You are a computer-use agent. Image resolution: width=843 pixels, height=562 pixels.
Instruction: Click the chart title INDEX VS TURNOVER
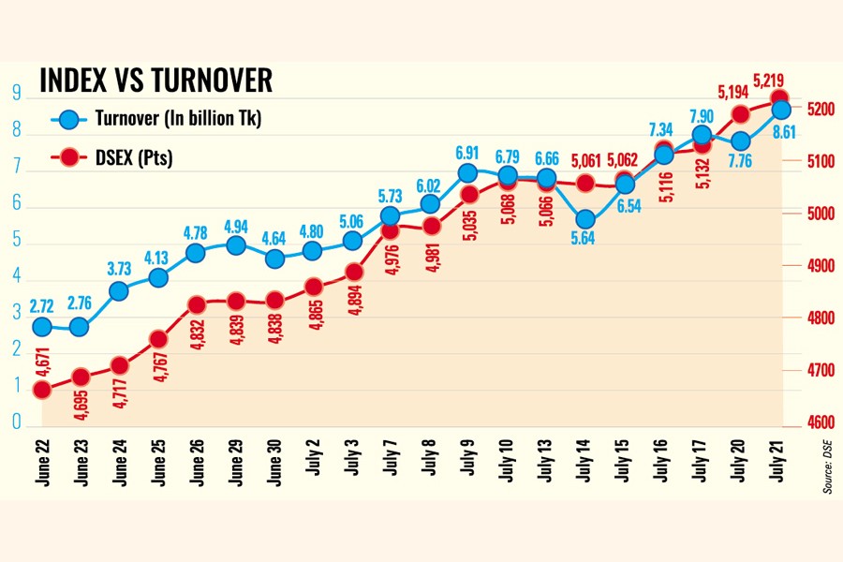(x=155, y=81)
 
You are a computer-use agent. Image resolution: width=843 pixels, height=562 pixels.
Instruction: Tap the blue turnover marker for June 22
(x=41, y=326)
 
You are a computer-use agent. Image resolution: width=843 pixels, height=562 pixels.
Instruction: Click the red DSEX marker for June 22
(x=41, y=390)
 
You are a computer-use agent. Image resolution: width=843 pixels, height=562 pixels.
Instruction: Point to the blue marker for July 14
(x=585, y=220)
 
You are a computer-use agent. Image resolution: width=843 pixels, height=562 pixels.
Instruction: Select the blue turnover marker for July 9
(x=468, y=172)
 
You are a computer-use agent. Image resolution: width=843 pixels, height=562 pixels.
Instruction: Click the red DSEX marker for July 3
(x=353, y=272)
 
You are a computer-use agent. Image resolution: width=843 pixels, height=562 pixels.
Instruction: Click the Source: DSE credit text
(x=828, y=468)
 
